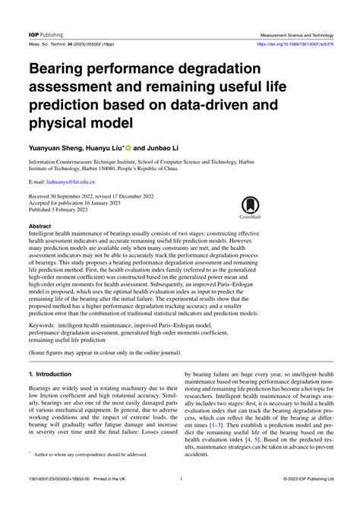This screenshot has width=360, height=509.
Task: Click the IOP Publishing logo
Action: (x=46, y=35)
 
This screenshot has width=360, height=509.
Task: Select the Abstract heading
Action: (x=39, y=226)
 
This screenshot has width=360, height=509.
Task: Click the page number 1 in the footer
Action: (x=180, y=499)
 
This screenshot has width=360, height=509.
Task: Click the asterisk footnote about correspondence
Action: (x=99, y=475)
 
